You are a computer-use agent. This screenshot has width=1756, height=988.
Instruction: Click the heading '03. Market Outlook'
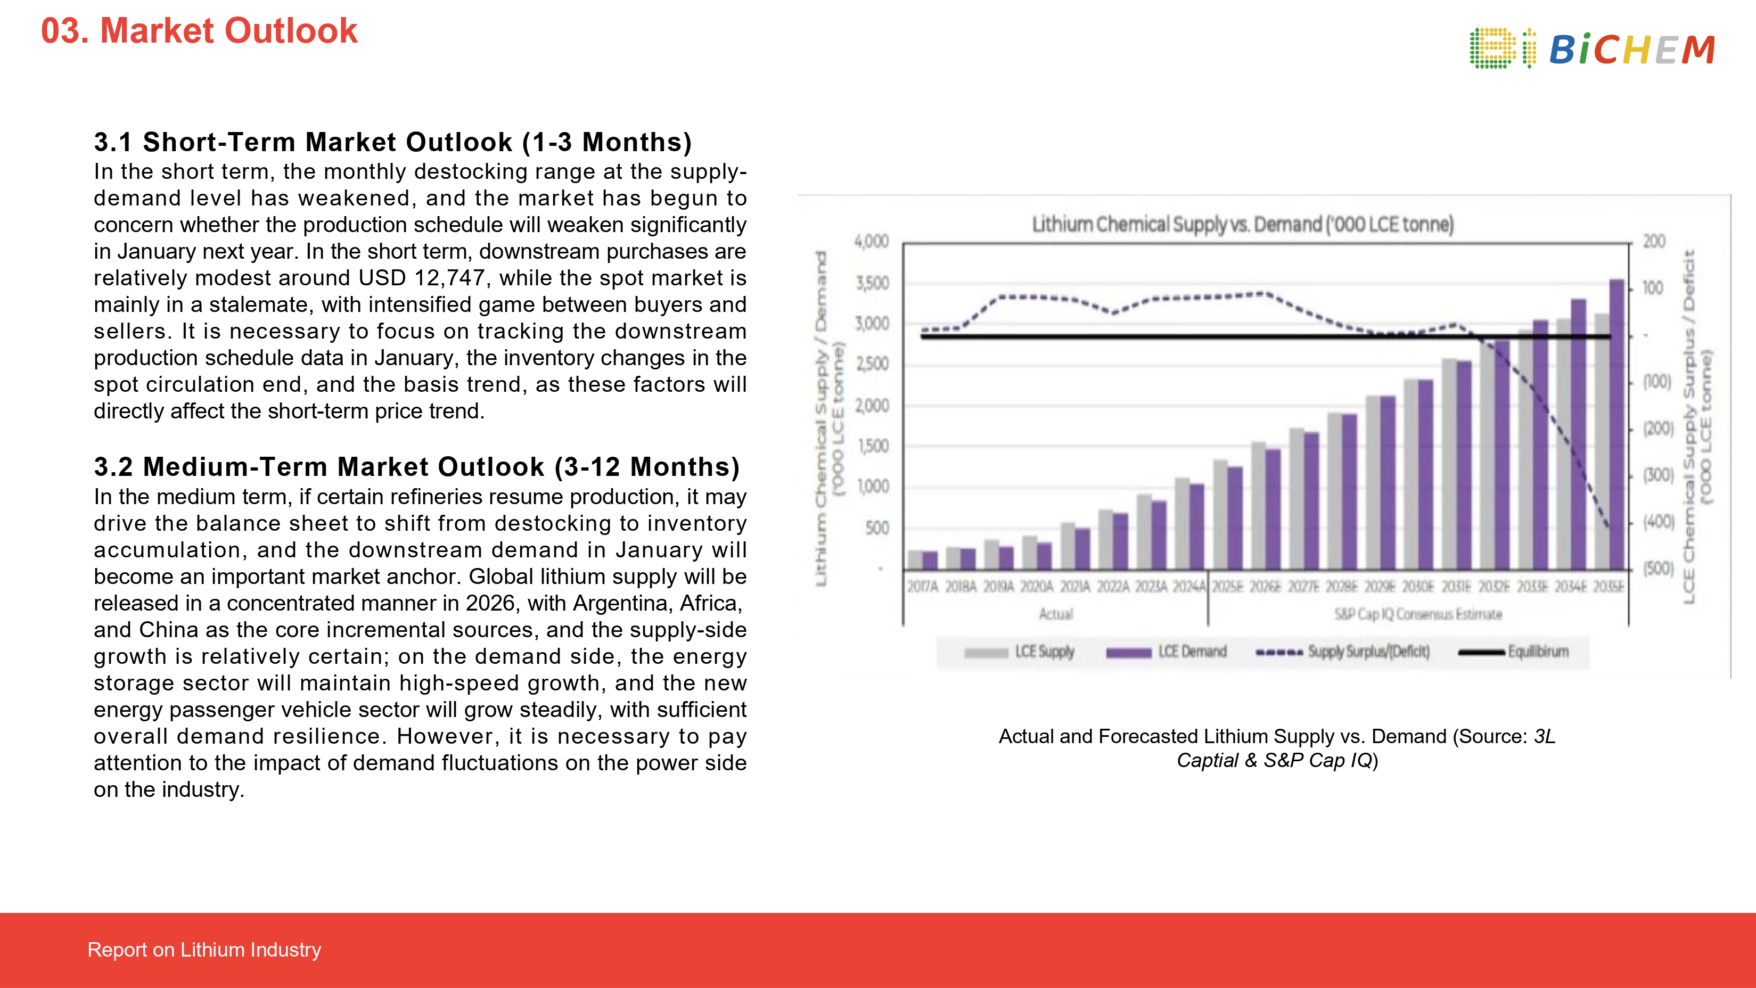(x=199, y=31)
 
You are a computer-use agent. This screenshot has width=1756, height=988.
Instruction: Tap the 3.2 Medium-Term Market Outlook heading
(x=416, y=467)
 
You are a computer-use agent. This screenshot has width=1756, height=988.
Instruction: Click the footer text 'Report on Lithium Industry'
(x=204, y=949)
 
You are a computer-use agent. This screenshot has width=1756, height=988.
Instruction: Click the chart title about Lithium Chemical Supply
(x=1242, y=224)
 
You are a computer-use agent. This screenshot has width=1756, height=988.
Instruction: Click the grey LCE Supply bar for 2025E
(x=1220, y=514)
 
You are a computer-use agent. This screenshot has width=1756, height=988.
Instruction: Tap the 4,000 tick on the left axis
(x=872, y=241)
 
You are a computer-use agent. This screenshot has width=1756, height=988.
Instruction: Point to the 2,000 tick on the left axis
(x=872, y=406)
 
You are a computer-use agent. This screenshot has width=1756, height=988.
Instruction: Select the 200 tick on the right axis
(x=1654, y=241)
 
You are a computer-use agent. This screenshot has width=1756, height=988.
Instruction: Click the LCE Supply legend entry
(x=1044, y=652)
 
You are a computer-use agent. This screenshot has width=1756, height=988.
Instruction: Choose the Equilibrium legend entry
(x=1537, y=652)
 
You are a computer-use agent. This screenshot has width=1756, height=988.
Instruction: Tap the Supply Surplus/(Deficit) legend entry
(x=1367, y=652)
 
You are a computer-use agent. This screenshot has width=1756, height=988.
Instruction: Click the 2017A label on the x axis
(x=922, y=587)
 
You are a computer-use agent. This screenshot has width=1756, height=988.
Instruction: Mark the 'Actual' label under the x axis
(x=1055, y=614)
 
